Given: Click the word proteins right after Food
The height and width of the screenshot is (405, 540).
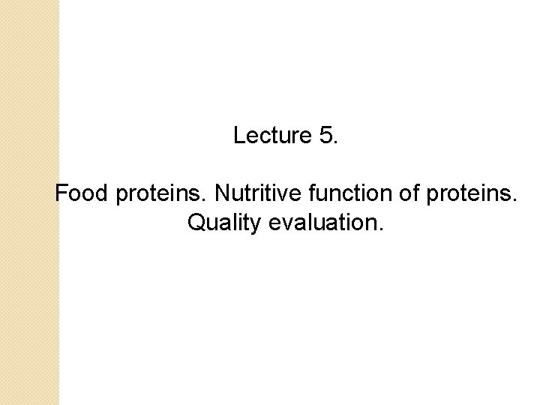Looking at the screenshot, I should pyautogui.click(x=157, y=196).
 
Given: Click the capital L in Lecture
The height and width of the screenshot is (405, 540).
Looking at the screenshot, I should pyautogui.click(x=239, y=136).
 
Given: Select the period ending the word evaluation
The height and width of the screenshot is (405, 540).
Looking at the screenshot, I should pyautogui.click(x=380, y=229).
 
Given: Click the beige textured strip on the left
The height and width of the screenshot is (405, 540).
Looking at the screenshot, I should pyautogui.click(x=29, y=202).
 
